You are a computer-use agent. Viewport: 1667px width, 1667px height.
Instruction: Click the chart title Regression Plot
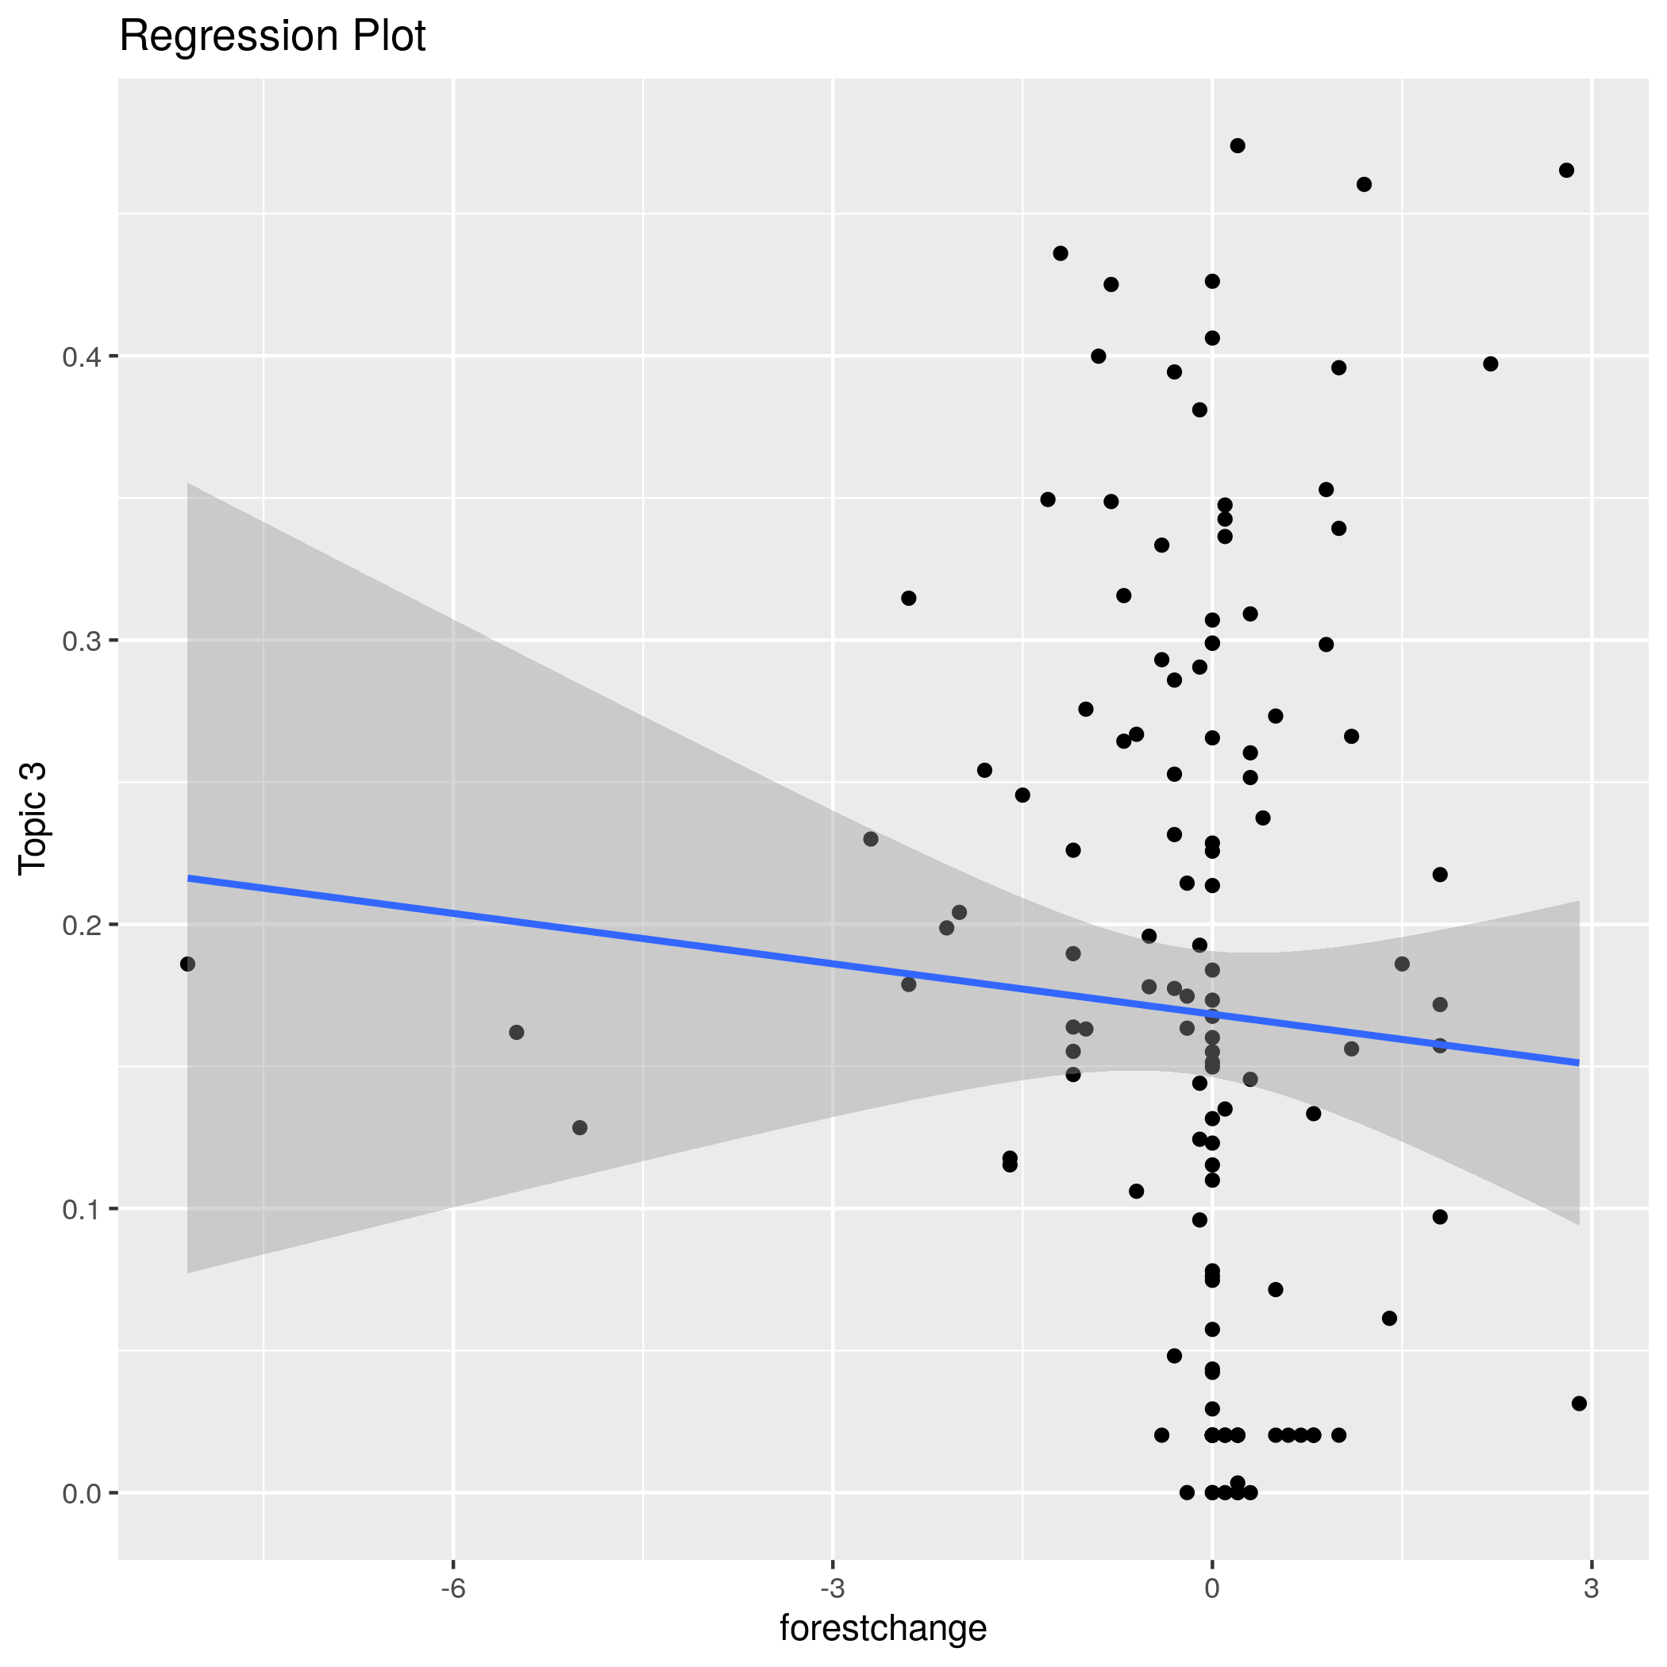point(271,37)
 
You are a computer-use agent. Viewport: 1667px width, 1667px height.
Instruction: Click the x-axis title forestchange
point(883,1628)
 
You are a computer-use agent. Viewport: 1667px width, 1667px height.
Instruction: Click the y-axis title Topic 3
point(33,819)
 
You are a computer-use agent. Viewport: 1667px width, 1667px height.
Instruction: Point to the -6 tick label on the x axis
point(453,1588)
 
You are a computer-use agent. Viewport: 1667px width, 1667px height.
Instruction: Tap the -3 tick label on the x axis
point(833,1588)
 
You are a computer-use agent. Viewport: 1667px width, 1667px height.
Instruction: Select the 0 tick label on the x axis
point(1211,1588)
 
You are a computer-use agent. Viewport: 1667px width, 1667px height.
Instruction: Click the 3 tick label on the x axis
point(1591,1588)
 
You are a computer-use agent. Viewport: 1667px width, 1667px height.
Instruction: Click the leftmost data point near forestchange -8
point(187,964)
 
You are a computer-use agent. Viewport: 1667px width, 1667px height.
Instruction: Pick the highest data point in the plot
point(1238,146)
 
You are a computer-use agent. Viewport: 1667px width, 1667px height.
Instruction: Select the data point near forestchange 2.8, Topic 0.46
point(1567,170)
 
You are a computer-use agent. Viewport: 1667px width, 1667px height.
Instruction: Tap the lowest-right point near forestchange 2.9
point(1579,1403)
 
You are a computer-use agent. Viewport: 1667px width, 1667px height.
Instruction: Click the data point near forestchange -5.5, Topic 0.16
point(517,1032)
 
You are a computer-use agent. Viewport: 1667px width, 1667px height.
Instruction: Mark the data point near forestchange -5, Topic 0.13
point(579,1128)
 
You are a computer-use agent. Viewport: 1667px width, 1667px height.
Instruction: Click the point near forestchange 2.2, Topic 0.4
point(1490,364)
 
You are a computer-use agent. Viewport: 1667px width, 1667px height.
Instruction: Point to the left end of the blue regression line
point(189,879)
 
